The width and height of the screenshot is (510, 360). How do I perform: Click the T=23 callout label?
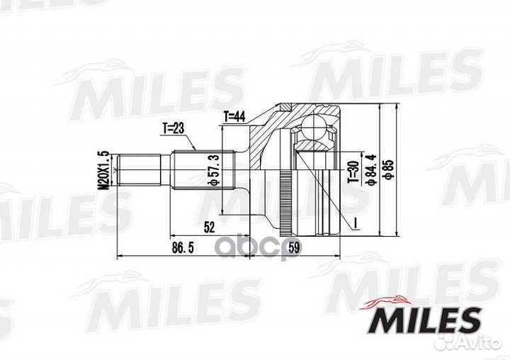174,129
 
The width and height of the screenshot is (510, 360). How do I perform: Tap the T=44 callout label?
234,116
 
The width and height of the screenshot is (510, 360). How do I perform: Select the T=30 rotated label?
353,171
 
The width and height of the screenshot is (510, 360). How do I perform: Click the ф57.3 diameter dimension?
215,170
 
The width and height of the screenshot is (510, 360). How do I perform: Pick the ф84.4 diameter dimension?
370,169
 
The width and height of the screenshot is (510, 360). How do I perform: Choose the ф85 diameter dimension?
388,169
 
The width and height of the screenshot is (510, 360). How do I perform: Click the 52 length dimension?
209,227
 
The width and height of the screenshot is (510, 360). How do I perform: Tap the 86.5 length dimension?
183,248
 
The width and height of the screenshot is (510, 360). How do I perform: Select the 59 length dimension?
294,248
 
